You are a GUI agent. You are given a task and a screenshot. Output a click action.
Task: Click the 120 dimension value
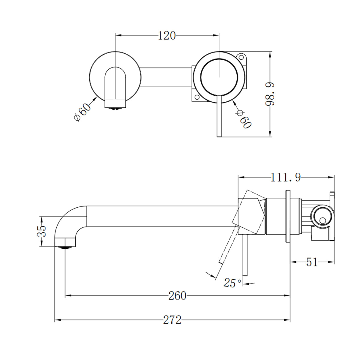tap(167, 36)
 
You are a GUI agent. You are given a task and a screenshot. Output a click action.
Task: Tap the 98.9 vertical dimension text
tap(270, 94)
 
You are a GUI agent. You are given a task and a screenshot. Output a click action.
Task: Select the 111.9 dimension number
tap(286, 177)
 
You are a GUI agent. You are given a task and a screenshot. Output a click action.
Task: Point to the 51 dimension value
tap(312, 262)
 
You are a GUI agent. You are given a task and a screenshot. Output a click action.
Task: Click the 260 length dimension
tap(177, 296)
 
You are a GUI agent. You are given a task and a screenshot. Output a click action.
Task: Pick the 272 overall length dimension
tap(172, 320)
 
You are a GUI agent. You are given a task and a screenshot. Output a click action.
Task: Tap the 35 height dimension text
tap(43, 231)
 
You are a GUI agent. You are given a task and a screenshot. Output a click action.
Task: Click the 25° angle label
tap(232, 283)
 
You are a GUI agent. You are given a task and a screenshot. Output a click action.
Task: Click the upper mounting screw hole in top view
tap(241, 57)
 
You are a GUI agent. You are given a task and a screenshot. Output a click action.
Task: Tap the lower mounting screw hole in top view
tap(197, 97)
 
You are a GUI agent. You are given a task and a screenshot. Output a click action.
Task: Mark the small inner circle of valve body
tap(322, 220)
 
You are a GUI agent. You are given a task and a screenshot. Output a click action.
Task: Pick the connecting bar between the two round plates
tap(166, 77)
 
